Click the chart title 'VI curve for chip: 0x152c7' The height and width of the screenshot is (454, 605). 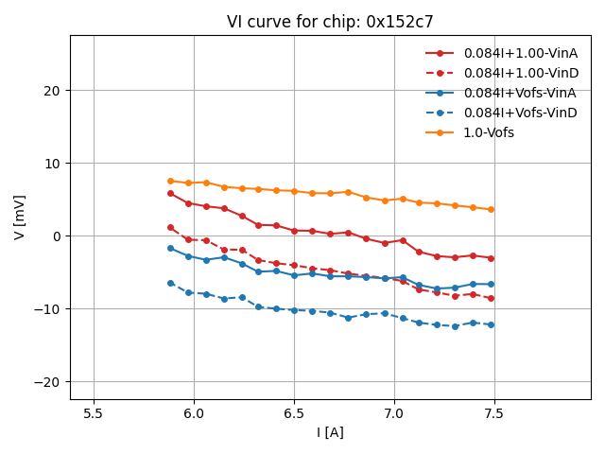point(330,22)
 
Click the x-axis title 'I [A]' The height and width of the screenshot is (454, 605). point(330,432)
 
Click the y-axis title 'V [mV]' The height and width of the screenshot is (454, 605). point(20,217)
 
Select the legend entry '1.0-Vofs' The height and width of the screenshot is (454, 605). point(489,132)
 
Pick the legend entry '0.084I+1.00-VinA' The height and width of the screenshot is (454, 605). point(520,53)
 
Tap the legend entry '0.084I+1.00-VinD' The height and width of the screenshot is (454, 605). point(520,73)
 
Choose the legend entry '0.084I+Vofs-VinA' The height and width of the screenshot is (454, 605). point(520,93)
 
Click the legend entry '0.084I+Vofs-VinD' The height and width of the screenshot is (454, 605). point(520,113)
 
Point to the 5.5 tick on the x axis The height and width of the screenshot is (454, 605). point(94,412)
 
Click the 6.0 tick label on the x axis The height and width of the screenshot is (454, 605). point(194,412)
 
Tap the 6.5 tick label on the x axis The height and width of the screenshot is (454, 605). point(294,412)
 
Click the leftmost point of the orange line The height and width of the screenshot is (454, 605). point(170,181)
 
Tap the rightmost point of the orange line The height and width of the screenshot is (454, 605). point(491,209)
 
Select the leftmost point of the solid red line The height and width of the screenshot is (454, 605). point(170,193)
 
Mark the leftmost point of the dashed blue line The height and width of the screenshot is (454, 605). point(170,283)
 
